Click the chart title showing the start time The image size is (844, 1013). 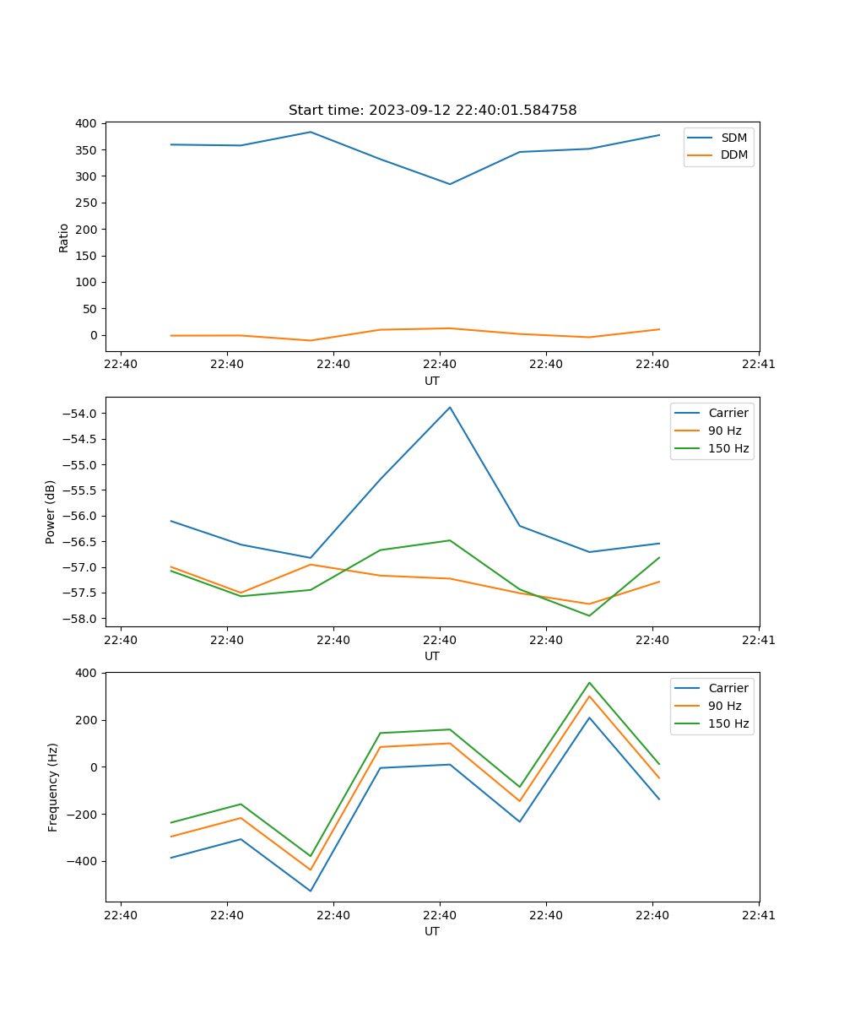tap(432, 111)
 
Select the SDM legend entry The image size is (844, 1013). tap(733, 138)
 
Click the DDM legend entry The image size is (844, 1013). tap(733, 154)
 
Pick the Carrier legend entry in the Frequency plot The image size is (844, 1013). tap(728, 688)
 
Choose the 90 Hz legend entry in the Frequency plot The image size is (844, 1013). tap(724, 706)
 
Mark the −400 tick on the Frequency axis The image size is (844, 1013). tap(83, 862)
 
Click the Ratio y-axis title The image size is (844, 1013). tap(64, 237)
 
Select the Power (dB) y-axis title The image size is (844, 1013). tap(51, 512)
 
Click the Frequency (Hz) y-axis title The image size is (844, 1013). tap(53, 787)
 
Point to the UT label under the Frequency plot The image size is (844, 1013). tap(432, 931)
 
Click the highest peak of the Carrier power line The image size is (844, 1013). tap(450, 407)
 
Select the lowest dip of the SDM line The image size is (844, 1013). tap(450, 184)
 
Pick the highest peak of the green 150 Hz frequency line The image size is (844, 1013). tap(589, 683)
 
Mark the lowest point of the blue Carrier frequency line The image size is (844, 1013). tap(311, 891)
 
